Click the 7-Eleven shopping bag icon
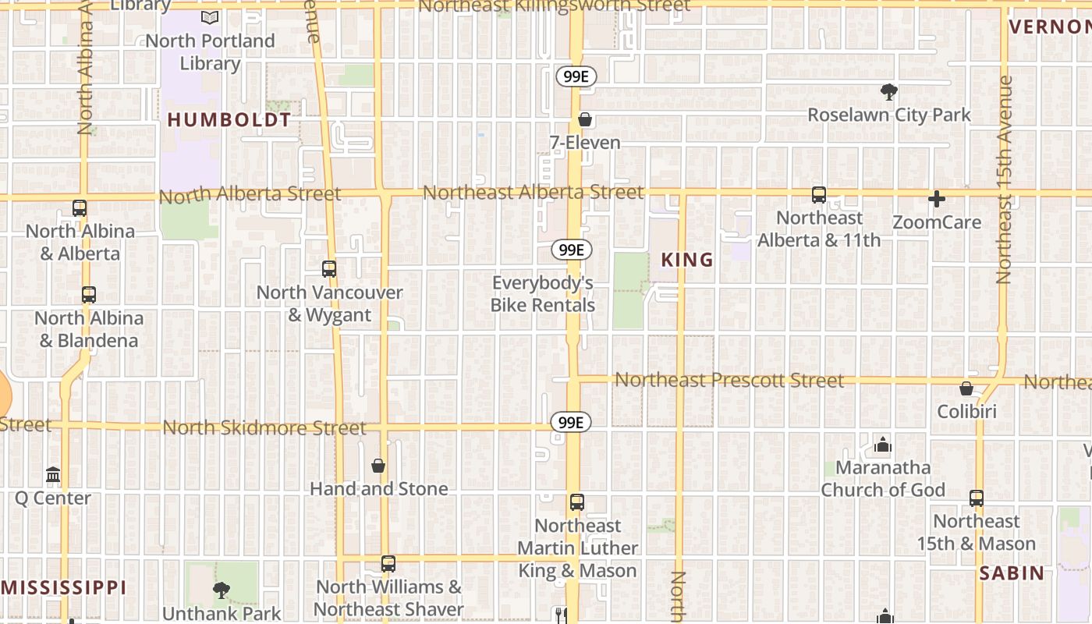(585, 119)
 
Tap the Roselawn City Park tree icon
(888, 92)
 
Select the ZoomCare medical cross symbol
(937, 199)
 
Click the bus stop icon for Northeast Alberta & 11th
(818, 195)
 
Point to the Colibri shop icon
(966, 388)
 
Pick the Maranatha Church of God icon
(883, 445)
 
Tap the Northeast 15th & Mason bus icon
(976, 498)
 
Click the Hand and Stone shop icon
(378, 466)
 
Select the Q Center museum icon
(53, 475)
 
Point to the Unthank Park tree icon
(222, 590)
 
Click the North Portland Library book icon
(209, 17)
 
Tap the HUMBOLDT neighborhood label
(229, 120)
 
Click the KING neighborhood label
(687, 260)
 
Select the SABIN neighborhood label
(1012, 573)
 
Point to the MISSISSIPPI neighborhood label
(63, 587)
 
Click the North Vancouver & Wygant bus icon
(329, 269)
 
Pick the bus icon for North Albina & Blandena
(89, 295)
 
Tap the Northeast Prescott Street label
(729, 380)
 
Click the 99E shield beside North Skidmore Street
(571, 423)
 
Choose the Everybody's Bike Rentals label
(543, 294)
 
